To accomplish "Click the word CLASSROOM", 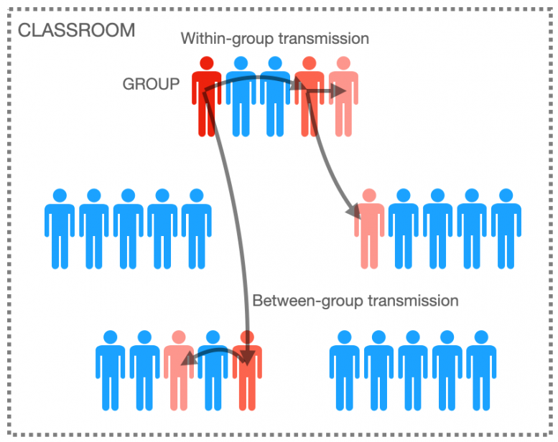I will (75, 30).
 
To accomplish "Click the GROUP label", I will (151, 84).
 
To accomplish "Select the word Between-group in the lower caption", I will (307, 300).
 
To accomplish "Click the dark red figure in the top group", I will (206, 97).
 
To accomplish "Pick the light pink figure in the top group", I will (343, 97).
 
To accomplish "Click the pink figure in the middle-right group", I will (369, 230).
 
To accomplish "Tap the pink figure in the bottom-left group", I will (179, 370).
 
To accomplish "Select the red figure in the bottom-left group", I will (247, 370).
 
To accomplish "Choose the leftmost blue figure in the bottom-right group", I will (344, 370).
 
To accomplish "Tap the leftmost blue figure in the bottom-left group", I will (111, 370).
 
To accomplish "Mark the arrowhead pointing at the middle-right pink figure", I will (353, 212).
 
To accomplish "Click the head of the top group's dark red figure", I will (206, 63).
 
